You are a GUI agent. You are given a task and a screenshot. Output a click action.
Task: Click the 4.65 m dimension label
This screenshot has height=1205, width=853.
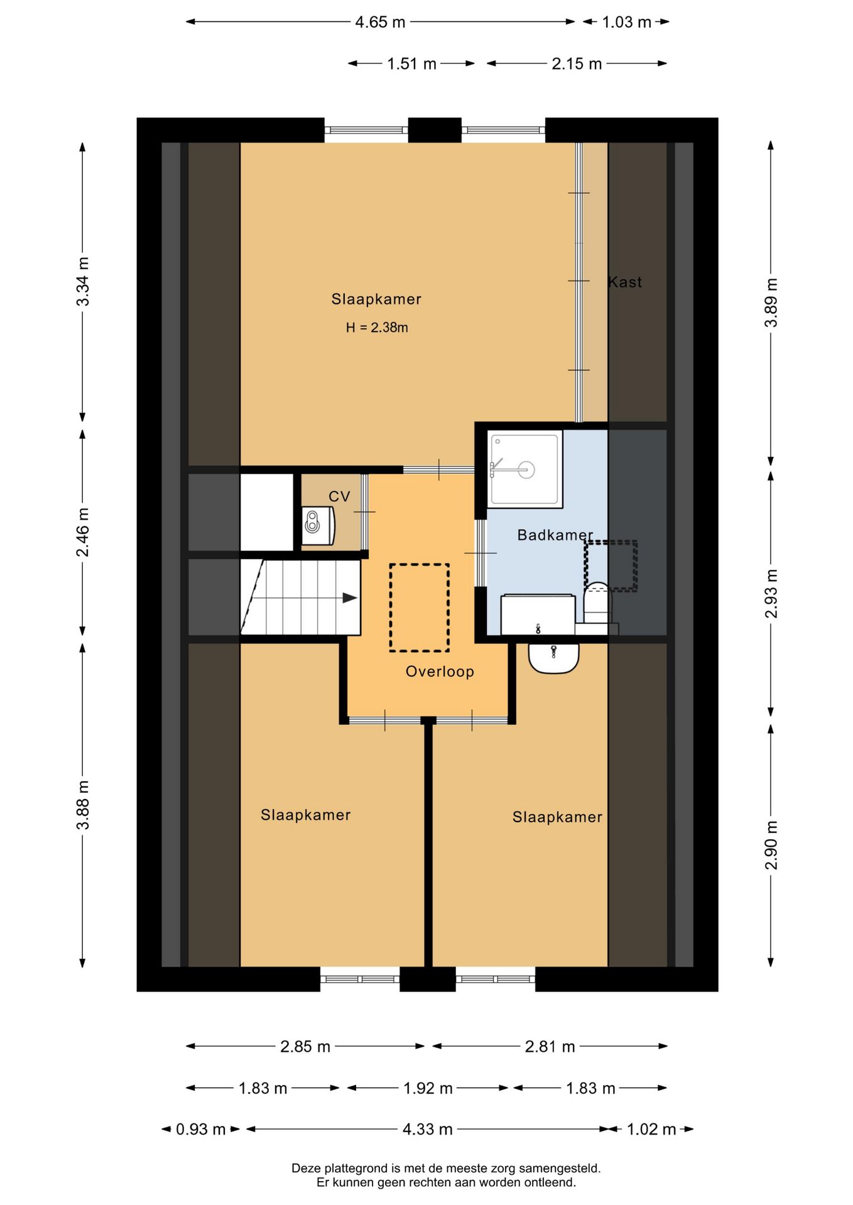click(380, 22)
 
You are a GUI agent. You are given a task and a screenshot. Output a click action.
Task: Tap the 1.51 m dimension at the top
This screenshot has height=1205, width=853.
click(411, 63)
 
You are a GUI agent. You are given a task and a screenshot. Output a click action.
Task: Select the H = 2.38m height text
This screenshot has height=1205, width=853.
click(377, 328)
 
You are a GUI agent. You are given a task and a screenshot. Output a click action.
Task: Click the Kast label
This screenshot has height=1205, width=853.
click(625, 282)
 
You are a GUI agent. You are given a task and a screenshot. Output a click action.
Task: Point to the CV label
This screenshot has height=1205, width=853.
click(339, 496)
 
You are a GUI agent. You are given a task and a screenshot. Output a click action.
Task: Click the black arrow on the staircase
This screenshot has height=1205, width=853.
click(349, 598)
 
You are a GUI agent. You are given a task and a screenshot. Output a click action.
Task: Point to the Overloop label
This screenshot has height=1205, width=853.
click(440, 672)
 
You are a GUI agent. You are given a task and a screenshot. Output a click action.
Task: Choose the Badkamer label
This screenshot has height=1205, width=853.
click(555, 535)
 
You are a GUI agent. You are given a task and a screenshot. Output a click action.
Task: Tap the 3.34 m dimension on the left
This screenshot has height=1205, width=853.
click(83, 282)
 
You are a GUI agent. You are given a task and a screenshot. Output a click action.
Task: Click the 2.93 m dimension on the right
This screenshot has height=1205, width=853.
click(771, 594)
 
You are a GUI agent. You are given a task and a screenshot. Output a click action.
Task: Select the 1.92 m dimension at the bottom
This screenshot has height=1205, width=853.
click(428, 1088)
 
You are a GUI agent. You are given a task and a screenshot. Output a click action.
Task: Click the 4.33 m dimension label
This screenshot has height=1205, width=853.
click(427, 1129)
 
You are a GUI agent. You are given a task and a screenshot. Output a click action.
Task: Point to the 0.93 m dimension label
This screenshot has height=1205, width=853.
click(200, 1129)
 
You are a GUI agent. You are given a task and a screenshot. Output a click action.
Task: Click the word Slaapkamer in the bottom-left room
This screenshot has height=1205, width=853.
click(305, 815)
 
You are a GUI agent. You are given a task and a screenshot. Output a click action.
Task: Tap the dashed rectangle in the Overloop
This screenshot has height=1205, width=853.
click(419, 608)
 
